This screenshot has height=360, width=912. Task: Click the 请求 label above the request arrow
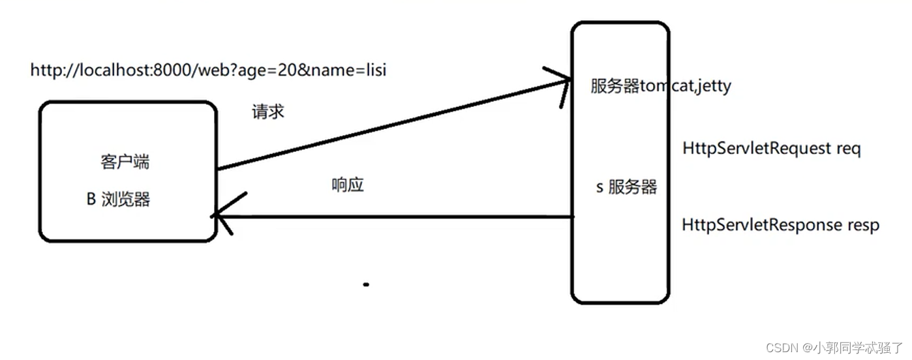click(x=268, y=112)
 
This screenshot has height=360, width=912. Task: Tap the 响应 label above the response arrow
click(x=348, y=185)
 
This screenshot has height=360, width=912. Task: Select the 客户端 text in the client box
click(x=125, y=162)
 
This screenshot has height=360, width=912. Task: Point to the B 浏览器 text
click(x=118, y=200)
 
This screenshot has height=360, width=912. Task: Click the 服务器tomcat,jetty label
click(x=660, y=86)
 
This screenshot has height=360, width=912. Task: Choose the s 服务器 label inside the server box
click(x=627, y=188)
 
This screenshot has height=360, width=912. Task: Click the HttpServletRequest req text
click(x=771, y=149)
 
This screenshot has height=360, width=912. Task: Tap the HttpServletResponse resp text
click(x=780, y=225)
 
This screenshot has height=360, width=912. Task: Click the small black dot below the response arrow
click(x=366, y=284)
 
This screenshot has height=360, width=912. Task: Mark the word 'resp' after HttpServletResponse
click(x=863, y=225)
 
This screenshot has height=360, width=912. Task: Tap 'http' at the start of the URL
click(x=44, y=70)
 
